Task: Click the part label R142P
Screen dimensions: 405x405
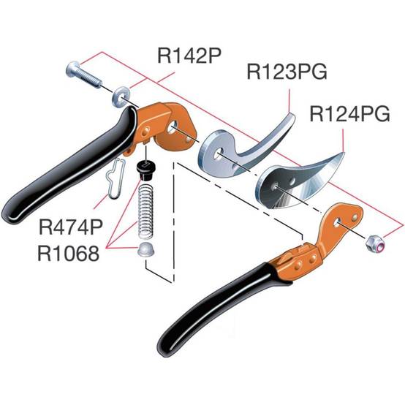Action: [189, 56]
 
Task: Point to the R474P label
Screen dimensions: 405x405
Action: [71, 227]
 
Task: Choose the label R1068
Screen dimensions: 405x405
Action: [69, 254]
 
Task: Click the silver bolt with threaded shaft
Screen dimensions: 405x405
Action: [84, 75]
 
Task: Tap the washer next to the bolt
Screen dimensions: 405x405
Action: [120, 98]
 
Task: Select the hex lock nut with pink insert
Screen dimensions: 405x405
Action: [376, 243]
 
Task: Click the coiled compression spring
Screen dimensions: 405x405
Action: [146, 208]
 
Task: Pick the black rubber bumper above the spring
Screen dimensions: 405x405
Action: [145, 170]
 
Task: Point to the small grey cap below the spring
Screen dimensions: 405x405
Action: [145, 249]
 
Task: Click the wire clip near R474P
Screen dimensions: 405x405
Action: [116, 178]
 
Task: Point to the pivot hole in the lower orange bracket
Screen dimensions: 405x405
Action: [337, 222]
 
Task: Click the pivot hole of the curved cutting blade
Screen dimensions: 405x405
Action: [276, 186]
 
